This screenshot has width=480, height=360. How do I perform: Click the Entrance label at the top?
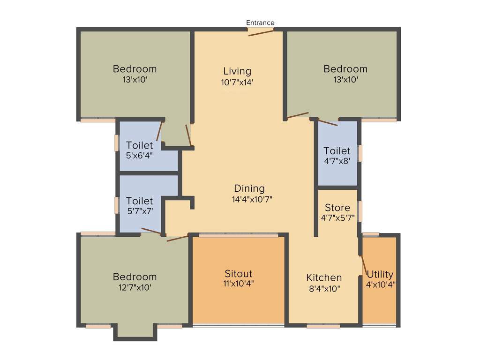point(260,22)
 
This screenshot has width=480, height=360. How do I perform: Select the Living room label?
point(237,71)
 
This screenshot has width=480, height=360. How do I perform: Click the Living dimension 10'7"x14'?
point(237,82)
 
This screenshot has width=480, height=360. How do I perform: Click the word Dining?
point(249,188)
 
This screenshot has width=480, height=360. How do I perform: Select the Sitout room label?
point(238,273)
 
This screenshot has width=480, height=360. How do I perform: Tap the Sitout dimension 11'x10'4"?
point(239,283)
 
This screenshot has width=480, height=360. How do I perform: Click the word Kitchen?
point(324,277)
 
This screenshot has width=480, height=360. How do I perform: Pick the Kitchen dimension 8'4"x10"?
point(324,288)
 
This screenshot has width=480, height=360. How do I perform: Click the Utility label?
point(380,274)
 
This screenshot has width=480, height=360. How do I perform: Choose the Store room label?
point(337,207)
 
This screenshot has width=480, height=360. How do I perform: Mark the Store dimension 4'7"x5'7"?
point(337,217)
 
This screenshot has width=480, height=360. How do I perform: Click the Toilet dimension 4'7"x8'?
point(337,161)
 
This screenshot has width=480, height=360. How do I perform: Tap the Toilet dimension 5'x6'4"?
point(139,155)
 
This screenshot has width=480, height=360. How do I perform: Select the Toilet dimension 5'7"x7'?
point(139,211)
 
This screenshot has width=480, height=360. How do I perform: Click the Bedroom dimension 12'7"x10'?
point(135,287)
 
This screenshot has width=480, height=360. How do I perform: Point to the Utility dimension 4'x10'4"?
point(381,284)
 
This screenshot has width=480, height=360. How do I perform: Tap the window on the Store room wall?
point(360,211)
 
